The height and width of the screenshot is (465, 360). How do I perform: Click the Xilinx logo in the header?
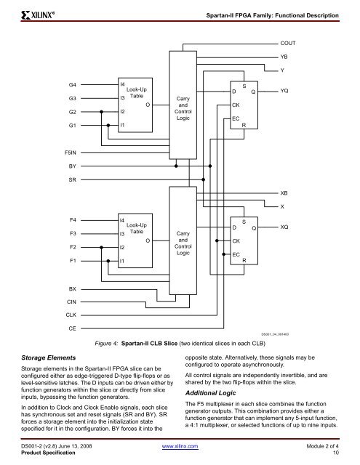[38, 15]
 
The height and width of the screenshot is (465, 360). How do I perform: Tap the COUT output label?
[287, 43]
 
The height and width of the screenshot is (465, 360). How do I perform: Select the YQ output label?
[284, 91]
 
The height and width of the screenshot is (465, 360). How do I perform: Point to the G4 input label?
[73, 85]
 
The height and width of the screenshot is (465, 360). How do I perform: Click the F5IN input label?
[71, 153]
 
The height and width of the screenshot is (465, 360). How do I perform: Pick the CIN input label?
[71, 302]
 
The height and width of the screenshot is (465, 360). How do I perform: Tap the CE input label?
[73, 328]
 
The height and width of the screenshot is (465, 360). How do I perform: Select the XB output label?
[284, 193]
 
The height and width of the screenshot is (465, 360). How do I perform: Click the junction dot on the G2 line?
[102, 112]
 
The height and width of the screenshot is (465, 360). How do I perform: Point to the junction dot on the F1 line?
[108, 261]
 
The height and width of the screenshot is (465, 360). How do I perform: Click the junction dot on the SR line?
[204, 179]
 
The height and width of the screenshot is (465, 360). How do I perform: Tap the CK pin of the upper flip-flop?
[236, 105]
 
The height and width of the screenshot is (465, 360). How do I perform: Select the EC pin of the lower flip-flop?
[236, 254]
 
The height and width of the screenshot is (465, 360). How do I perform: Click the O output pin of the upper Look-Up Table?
[148, 105]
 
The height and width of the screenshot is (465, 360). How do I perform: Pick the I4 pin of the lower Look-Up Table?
[122, 220]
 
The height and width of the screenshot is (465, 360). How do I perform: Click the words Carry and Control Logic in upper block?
[183, 108]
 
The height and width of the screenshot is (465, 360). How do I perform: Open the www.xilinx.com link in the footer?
[180, 446]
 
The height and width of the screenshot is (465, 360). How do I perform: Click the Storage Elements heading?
[49, 357]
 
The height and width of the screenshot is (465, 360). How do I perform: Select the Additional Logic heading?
[210, 393]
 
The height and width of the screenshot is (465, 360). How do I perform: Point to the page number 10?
[336, 453]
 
